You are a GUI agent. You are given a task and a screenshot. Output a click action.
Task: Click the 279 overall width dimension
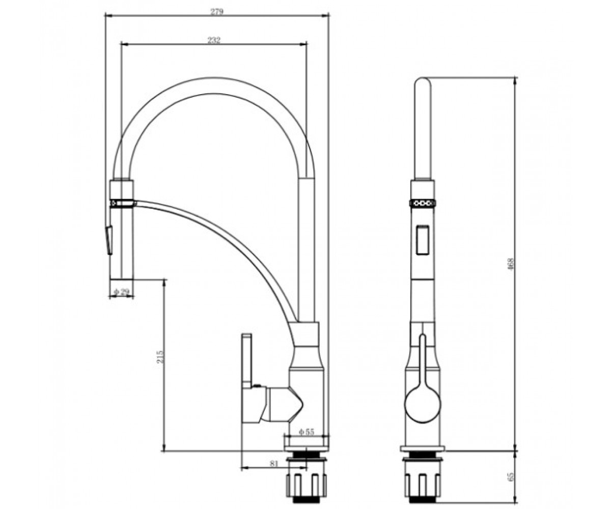click(x=217, y=12)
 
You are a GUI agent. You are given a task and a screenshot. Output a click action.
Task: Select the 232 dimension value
click(x=214, y=40)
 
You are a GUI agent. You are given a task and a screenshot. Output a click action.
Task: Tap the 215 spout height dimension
click(x=160, y=357)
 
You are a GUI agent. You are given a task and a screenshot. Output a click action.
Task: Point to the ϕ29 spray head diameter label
click(x=121, y=292)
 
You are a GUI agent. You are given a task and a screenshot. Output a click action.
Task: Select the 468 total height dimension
click(x=511, y=264)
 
